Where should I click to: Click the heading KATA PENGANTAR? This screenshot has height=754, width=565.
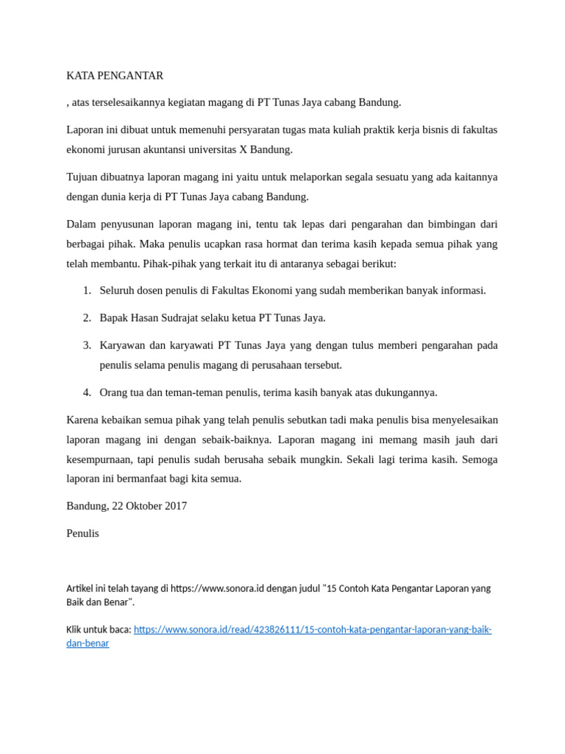pyautogui.click(x=115, y=75)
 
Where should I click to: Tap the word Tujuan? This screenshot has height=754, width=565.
pyautogui.click(x=82, y=177)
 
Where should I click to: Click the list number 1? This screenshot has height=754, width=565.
pyautogui.click(x=87, y=290)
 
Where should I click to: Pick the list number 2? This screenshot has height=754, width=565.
pyautogui.click(x=87, y=317)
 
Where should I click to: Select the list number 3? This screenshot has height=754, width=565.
pyautogui.click(x=87, y=345)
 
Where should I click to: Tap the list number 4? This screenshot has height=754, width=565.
pyautogui.click(x=87, y=392)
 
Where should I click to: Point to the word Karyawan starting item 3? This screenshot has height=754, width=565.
pyautogui.click(x=122, y=345)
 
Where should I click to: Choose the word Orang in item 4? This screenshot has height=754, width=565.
pyautogui.click(x=113, y=392)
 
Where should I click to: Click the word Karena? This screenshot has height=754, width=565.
pyautogui.click(x=82, y=420)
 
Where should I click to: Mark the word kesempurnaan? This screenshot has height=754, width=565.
pyautogui.click(x=99, y=459)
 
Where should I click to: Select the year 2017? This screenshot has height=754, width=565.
pyautogui.click(x=175, y=506)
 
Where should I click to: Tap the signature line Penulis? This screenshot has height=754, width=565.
pyautogui.click(x=82, y=533)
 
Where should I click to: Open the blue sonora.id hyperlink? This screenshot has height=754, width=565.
pyautogui.click(x=313, y=630)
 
